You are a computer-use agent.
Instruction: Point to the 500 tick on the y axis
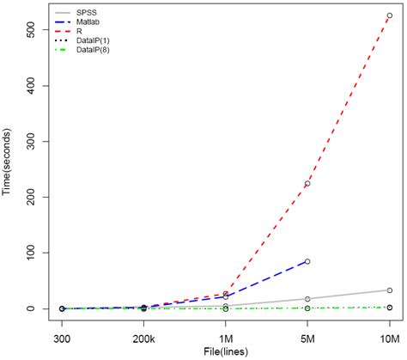click(x=35, y=30)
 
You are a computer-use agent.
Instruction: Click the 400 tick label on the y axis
click(x=35, y=86)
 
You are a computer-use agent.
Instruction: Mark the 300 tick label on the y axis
click(x=35, y=142)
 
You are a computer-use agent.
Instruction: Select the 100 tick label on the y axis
click(x=35, y=253)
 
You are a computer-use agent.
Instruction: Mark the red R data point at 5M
click(x=307, y=184)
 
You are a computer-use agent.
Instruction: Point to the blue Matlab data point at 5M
click(x=307, y=261)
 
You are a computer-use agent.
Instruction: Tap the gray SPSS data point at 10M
click(x=389, y=290)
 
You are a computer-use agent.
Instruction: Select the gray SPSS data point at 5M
click(x=307, y=299)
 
